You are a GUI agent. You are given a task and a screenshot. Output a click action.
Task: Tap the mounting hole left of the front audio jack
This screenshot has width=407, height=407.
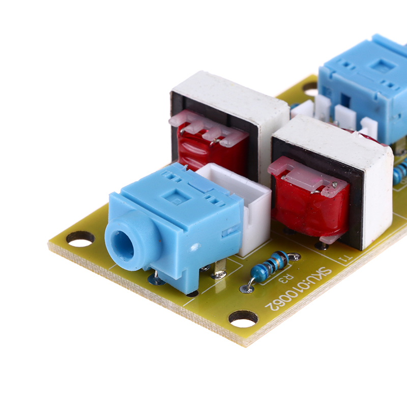point(80,239)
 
